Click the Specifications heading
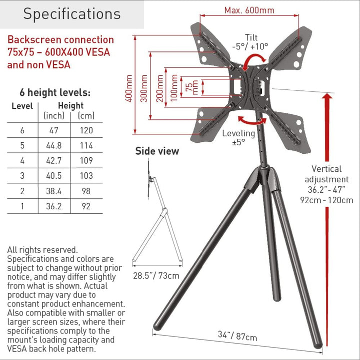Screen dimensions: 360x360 (x=72, y=14)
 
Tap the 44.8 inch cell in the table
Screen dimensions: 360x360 (x=54, y=145)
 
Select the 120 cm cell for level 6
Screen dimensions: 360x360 (x=86, y=130)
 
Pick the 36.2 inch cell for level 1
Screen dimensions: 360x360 (x=54, y=206)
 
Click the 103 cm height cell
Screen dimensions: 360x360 (x=86, y=176)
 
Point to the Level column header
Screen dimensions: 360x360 (x=22, y=106)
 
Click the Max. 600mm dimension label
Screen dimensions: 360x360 (x=249, y=10)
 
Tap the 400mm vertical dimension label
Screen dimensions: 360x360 (x=129, y=88)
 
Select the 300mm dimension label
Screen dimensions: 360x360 (x=144, y=88)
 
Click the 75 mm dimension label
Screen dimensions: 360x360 (x=191, y=87)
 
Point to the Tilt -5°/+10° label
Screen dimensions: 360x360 (x=250, y=42)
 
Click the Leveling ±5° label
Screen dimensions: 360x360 (x=238, y=138)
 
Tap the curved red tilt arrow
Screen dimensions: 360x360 (x=253, y=59)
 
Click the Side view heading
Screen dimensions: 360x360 (x=157, y=151)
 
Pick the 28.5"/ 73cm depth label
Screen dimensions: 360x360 (x=156, y=276)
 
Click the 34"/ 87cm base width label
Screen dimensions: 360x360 (x=237, y=336)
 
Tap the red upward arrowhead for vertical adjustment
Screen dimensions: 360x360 (x=327, y=97)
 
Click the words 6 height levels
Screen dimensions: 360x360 (x=55, y=92)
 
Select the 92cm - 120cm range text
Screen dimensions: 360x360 (x=326, y=200)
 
